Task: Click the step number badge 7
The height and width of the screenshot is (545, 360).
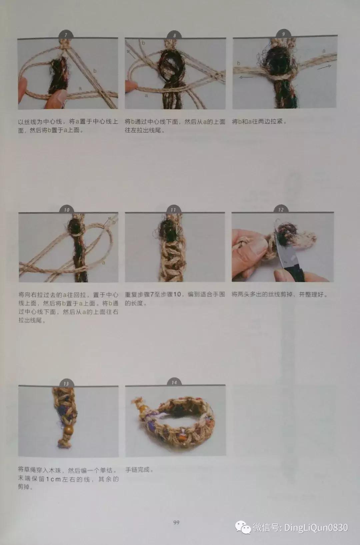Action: click(66, 35)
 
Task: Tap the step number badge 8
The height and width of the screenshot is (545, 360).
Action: click(175, 35)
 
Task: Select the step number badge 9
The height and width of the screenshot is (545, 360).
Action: click(283, 34)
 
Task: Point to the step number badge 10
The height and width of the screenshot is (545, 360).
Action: click(67, 210)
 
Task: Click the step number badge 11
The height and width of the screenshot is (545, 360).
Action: click(173, 210)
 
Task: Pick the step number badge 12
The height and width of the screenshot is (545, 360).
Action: click(281, 210)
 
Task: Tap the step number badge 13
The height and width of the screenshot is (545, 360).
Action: click(66, 383)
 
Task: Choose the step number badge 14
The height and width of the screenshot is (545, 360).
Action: click(174, 383)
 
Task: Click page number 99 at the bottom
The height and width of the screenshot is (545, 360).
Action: click(176, 522)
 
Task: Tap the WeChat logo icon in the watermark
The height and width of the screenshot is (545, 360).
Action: click(243, 528)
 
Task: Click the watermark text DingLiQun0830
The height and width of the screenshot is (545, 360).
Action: click(315, 528)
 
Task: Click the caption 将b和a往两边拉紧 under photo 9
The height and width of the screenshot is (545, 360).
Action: click(259, 122)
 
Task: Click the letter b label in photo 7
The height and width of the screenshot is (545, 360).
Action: click(95, 71)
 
